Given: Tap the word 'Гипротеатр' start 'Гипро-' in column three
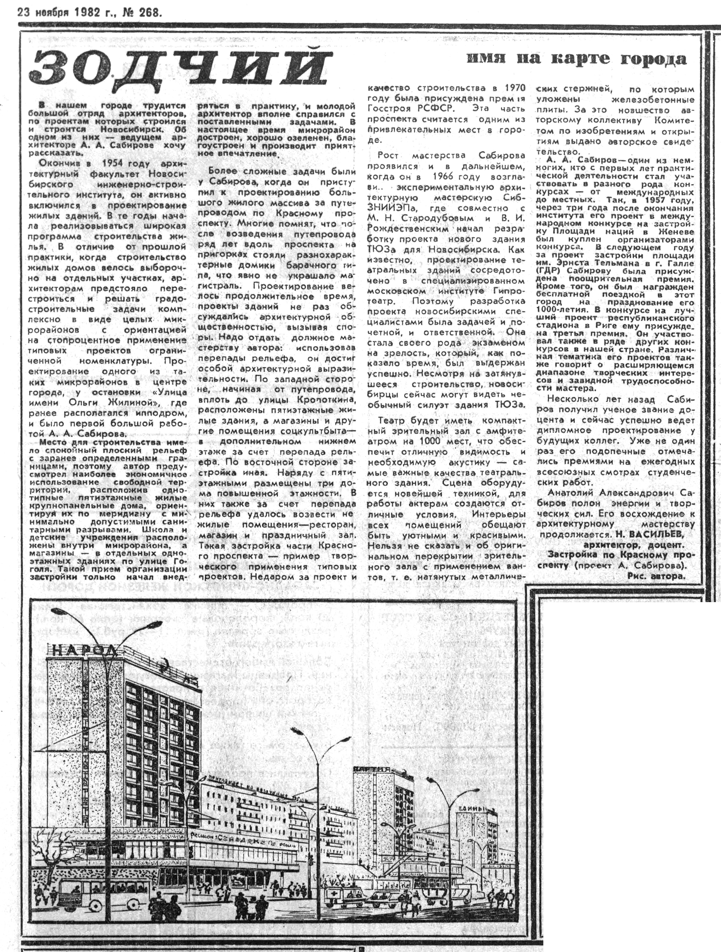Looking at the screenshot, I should tap(510, 291).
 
